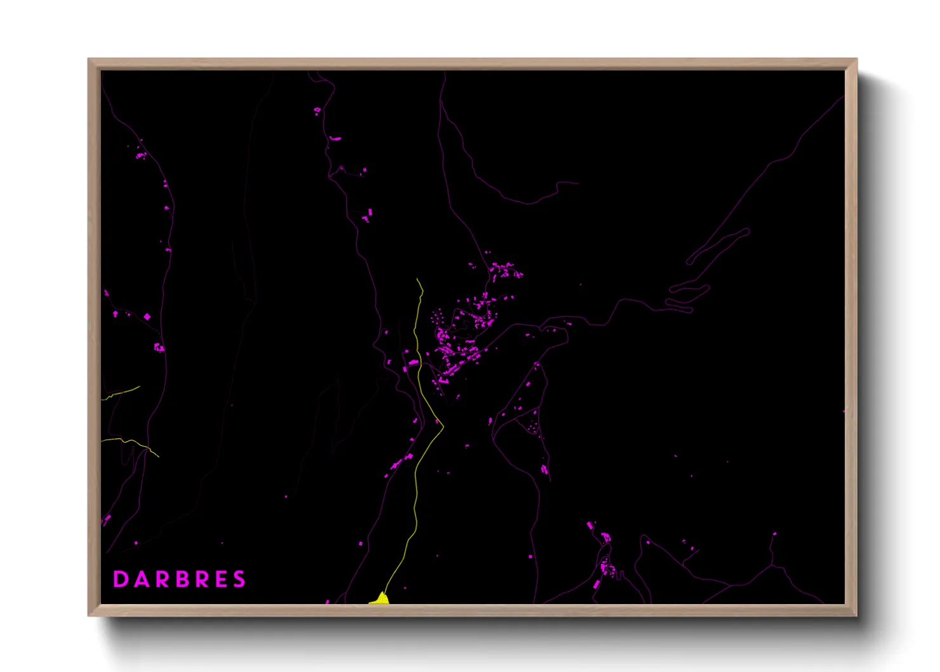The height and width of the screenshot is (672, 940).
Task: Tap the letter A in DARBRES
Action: (x=141, y=579)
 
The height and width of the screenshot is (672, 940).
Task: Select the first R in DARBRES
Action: (x=161, y=579)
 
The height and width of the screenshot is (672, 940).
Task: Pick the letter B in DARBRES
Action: (x=181, y=579)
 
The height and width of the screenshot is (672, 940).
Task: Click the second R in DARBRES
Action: (x=201, y=579)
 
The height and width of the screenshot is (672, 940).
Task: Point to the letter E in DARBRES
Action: (x=220, y=579)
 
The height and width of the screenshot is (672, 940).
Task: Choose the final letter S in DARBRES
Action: (x=239, y=579)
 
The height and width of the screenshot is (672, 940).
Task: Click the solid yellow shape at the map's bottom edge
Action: (x=380, y=599)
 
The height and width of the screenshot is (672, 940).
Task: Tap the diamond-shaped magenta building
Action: (x=147, y=316)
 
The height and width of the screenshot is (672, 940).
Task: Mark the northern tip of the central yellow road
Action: (x=417, y=279)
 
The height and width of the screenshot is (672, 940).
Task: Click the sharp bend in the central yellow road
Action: (x=442, y=427)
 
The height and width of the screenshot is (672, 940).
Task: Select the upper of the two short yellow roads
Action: (x=121, y=393)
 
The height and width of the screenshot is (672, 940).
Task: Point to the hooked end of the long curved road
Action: (x=575, y=183)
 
